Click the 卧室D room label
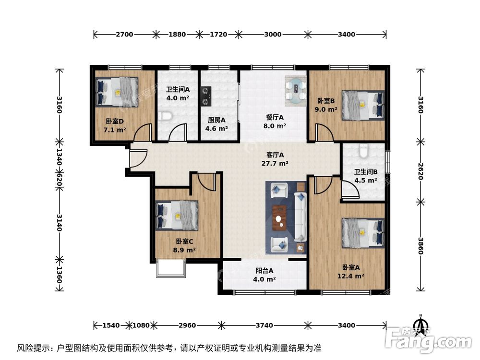(x=115, y=121)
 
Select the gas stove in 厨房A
(x=206, y=95)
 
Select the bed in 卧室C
(x=177, y=215)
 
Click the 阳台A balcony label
(x=264, y=271)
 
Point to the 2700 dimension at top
(x=124, y=35)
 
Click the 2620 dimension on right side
(x=421, y=171)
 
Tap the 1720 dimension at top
(x=219, y=35)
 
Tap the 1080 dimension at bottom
(x=142, y=325)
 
